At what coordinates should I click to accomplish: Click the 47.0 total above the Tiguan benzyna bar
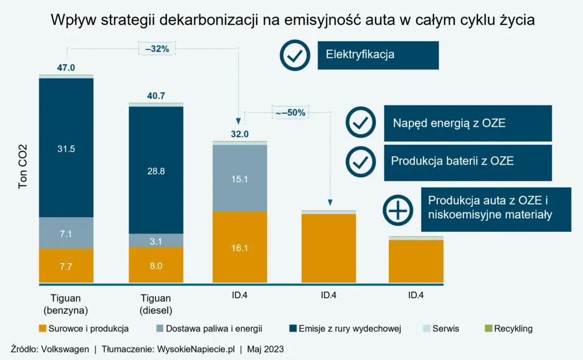point(66,68)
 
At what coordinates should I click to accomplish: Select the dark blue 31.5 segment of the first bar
point(66,148)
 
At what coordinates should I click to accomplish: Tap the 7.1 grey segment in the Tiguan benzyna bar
point(66,233)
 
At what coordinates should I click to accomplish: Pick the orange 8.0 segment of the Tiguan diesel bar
point(156,265)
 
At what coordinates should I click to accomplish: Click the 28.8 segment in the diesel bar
point(156,170)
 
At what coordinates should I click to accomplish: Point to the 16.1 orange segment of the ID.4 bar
point(240,248)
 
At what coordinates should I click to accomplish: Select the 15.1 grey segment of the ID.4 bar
point(240,178)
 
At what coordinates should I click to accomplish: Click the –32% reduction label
point(157,49)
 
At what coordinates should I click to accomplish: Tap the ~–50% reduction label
point(290,113)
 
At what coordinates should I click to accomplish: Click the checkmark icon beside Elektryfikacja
point(295,55)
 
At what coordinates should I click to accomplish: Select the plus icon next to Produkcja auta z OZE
point(399,210)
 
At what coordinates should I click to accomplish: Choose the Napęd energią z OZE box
point(467,123)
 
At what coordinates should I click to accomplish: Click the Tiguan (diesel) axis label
point(156,304)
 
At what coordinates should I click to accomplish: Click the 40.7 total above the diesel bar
point(156,96)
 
